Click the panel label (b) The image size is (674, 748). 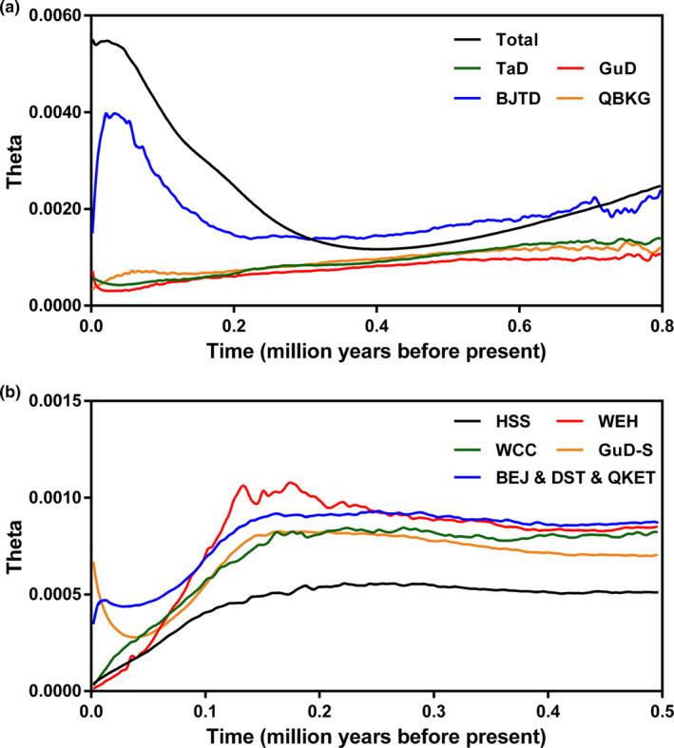point(12,389)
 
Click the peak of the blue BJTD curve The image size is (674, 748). point(115,113)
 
